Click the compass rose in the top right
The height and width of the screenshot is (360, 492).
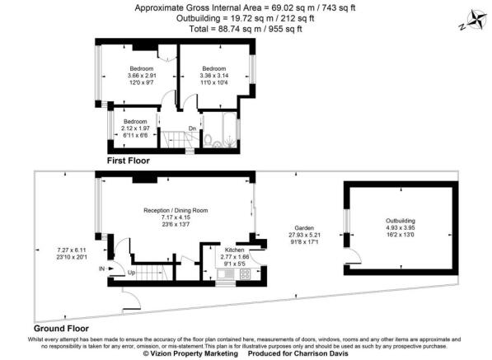point(455,21)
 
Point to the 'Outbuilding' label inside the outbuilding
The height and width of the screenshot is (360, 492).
point(400,221)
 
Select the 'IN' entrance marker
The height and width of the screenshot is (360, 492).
point(102,269)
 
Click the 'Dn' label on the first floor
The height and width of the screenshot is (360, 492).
point(192,128)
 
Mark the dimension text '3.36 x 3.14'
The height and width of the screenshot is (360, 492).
point(214,75)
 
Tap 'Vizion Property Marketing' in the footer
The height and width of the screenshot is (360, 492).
point(191,353)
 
